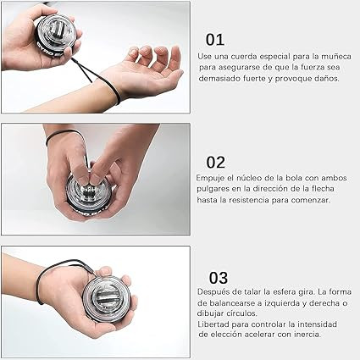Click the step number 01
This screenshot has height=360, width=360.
coord(215,40)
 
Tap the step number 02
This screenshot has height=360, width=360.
coord(216,163)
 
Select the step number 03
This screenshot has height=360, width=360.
coord(219,278)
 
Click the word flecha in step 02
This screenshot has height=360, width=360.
coord(323,188)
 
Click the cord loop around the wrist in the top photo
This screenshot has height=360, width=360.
coord(117,91)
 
